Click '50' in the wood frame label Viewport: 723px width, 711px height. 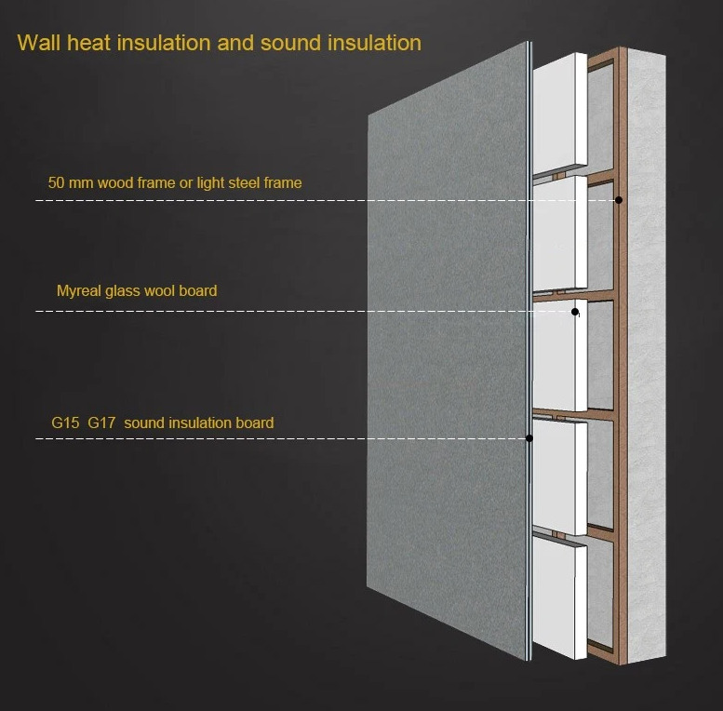coord(56,182)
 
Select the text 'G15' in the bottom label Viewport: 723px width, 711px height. coord(65,423)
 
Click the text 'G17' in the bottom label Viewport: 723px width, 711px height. coord(102,423)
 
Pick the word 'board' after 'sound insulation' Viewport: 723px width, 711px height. coord(254,423)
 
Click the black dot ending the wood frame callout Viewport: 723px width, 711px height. coord(619,200)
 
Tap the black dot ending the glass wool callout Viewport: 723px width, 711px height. coord(575,312)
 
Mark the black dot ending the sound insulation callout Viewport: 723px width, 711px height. coord(529,437)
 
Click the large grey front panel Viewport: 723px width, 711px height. coord(447,354)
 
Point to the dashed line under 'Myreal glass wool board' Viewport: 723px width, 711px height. coord(279,311)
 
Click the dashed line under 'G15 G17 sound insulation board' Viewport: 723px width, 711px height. coord(279,437)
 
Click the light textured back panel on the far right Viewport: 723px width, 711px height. coord(647,354)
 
